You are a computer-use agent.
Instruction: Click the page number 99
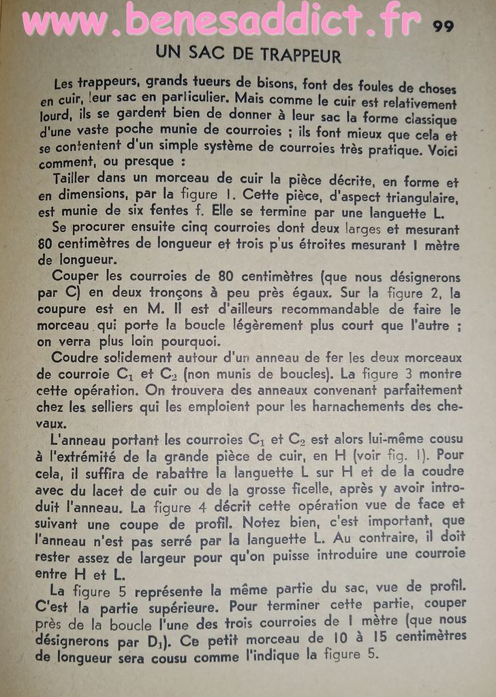coord(443,27)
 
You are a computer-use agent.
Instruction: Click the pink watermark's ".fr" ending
coord(397,22)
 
